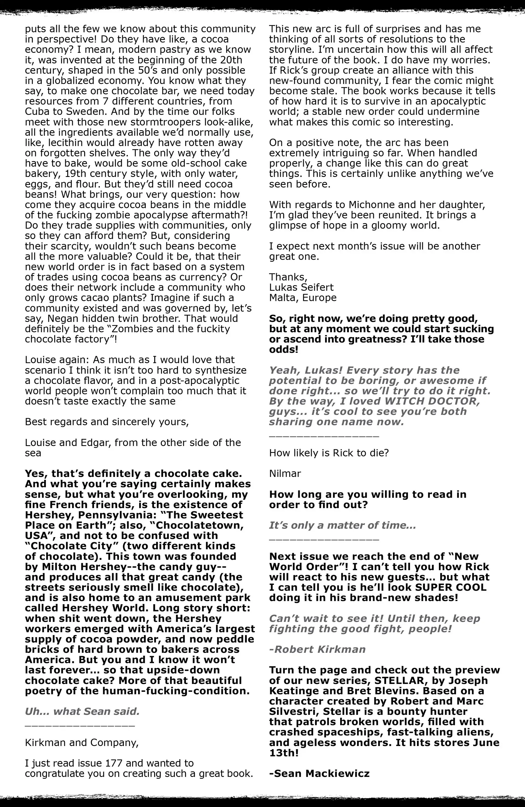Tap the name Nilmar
point(285,473)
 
